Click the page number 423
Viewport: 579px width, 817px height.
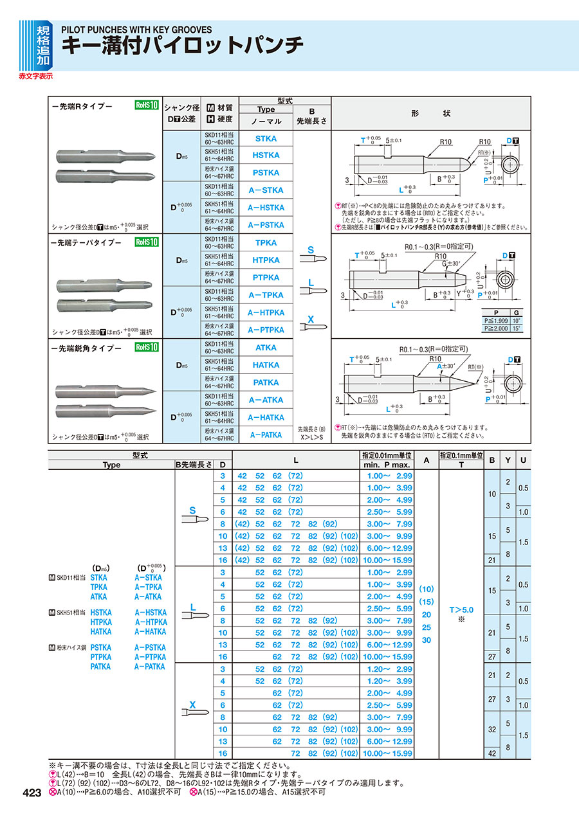[x=32, y=793]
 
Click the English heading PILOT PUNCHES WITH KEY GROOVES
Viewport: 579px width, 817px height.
[x=136, y=30]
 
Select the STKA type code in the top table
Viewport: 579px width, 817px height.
[x=266, y=138]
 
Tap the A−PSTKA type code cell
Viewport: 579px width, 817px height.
[x=266, y=225]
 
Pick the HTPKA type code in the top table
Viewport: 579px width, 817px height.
[x=266, y=260]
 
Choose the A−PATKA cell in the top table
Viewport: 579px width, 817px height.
[x=266, y=435]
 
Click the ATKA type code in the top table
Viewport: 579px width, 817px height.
[x=266, y=348]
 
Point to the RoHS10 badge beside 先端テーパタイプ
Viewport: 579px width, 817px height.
[x=147, y=243]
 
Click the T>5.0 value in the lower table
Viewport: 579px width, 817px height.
[x=461, y=609]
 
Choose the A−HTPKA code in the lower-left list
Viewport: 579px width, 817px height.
[x=151, y=622]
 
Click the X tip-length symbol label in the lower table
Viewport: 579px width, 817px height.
[x=192, y=705]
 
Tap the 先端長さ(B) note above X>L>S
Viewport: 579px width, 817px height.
[x=312, y=428]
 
